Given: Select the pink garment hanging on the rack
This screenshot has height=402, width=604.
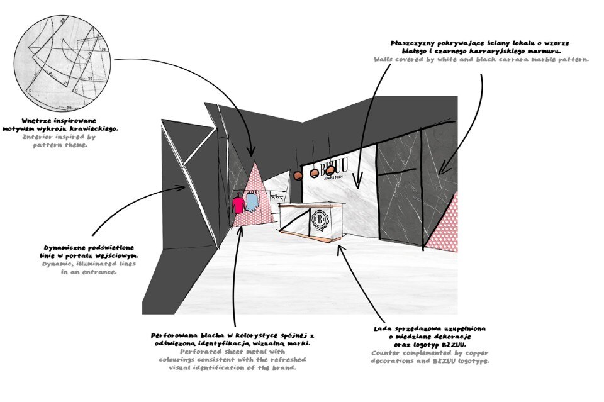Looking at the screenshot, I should coord(238,205).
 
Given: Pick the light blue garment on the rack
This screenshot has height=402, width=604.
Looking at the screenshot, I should coord(251,202).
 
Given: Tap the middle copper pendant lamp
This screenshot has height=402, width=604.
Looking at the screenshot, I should coord(314,173).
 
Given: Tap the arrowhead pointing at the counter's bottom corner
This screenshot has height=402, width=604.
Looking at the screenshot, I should coord(340,246).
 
